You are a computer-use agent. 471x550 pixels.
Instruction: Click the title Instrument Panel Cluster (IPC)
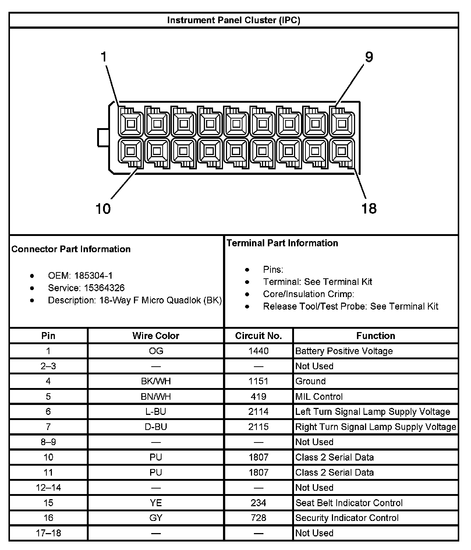click(234, 20)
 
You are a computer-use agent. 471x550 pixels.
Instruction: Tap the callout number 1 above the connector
click(104, 57)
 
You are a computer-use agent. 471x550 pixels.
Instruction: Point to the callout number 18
click(369, 209)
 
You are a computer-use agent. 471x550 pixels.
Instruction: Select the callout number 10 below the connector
click(103, 209)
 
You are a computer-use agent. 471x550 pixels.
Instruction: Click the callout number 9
click(369, 57)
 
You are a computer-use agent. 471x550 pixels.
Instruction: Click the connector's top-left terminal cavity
click(131, 123)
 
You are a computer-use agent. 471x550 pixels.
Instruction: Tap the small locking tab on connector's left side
click(102, 137)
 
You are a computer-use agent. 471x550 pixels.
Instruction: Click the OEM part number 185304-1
click(93, 275)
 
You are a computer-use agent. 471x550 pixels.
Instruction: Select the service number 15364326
click(105, 288)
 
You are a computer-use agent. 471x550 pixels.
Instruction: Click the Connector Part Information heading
click(71, 249)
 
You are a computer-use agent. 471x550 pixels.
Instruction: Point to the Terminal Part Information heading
click(282, 243)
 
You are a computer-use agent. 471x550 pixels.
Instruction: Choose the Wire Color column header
click(156, 336)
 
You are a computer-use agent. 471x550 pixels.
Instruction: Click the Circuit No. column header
click(258, 336)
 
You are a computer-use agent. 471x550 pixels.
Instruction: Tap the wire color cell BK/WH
click(156, 381)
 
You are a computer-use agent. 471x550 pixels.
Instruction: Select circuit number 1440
click(258, 351)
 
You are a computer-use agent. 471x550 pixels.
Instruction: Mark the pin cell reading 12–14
click(49, 488)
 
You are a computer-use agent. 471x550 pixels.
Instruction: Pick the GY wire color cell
click(156, 518)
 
